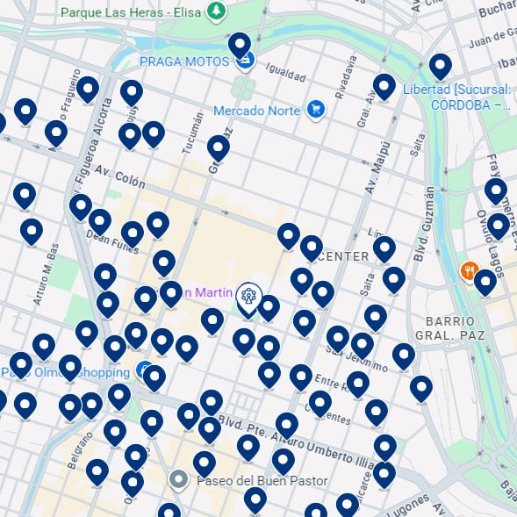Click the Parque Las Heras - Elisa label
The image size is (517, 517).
tap(131, 12)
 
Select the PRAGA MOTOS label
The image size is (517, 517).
tap(183, 61)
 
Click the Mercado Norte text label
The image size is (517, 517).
tap(258, 111)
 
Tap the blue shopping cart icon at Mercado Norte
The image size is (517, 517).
tap(316, 110)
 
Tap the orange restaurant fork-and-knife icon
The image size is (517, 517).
tap(470, 271)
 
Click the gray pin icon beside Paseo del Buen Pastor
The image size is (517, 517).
tap(179, 480)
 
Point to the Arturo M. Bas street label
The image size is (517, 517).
tap(44, 275)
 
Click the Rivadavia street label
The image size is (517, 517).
tap(349, 77)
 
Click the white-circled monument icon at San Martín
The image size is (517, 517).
tap(249, 296)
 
